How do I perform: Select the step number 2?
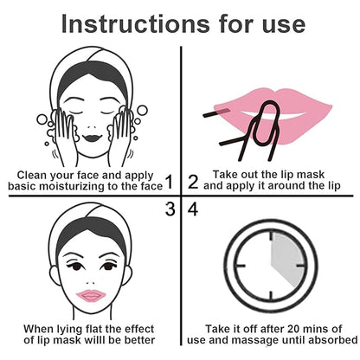click(x=192, y=181)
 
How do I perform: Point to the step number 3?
click(x=170, y=209)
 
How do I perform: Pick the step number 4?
click(x=192, y=209)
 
